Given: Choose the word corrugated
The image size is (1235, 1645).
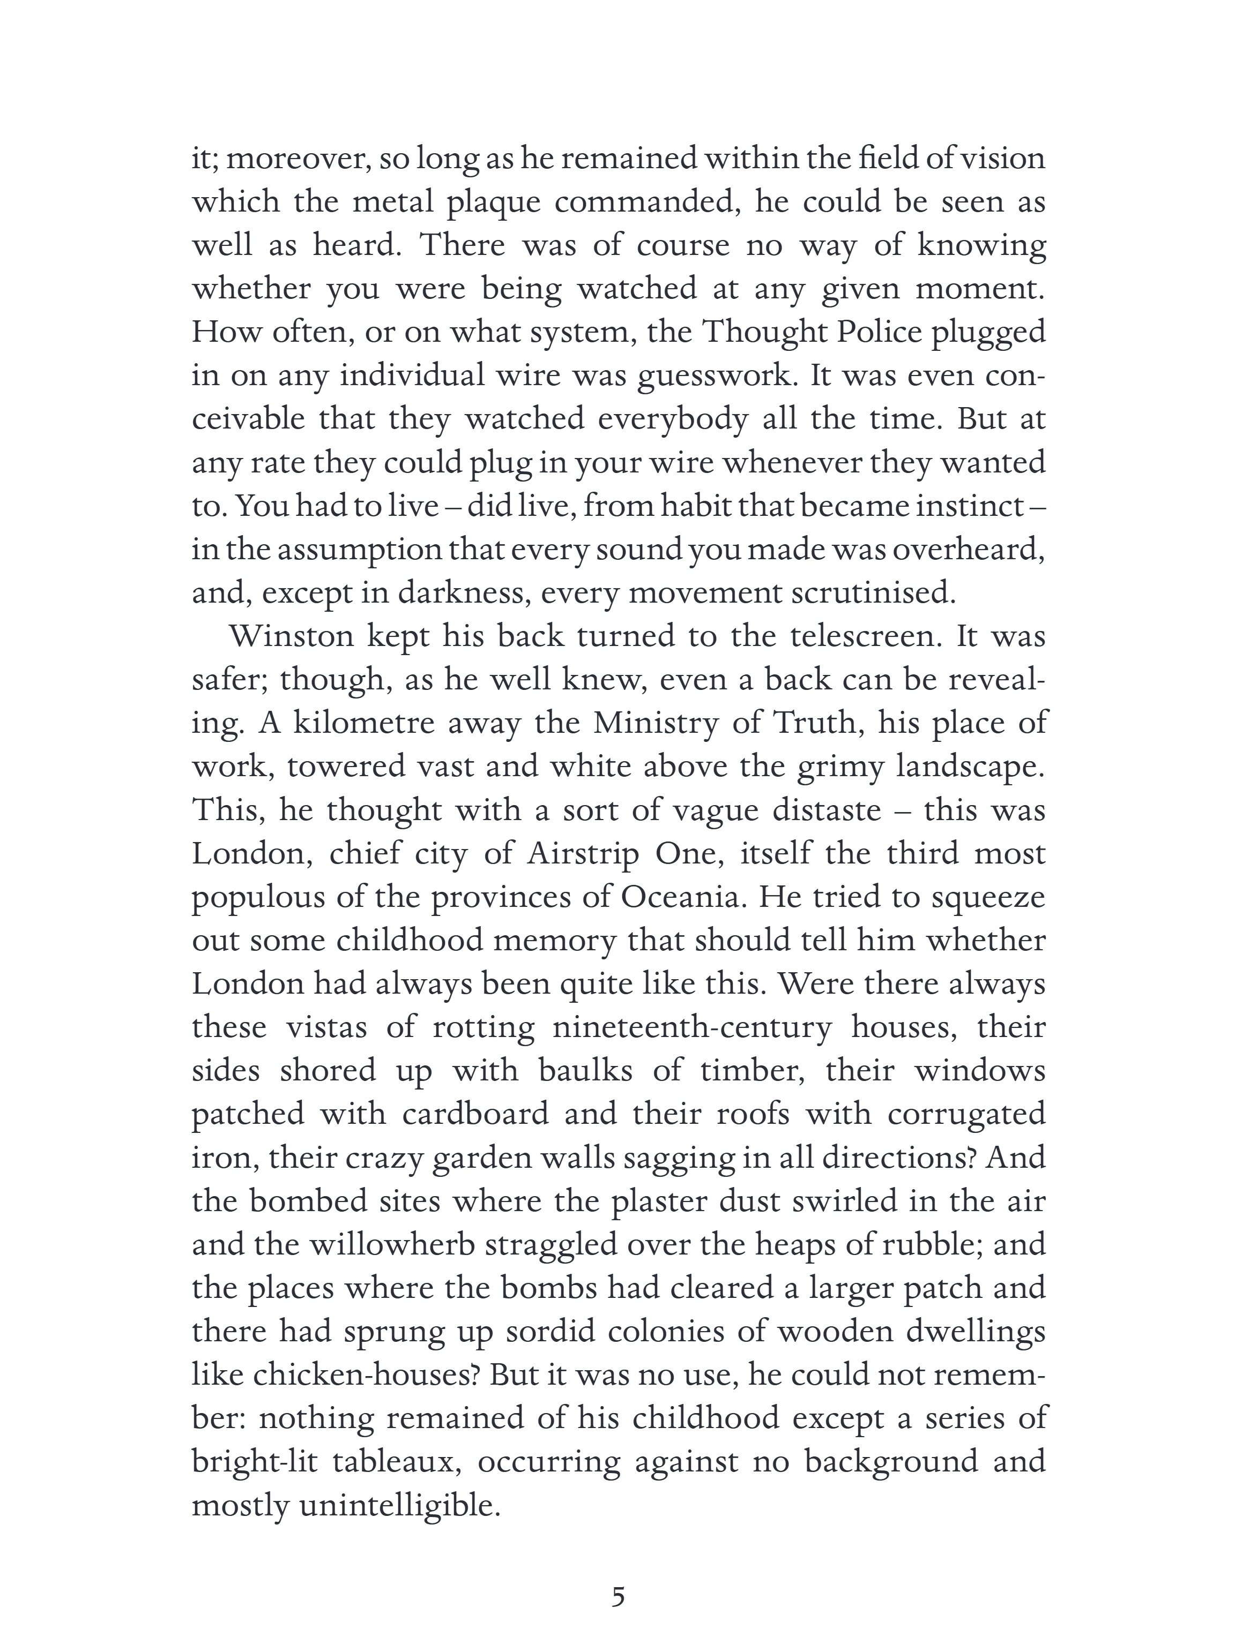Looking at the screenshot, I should click(966, 1115).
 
